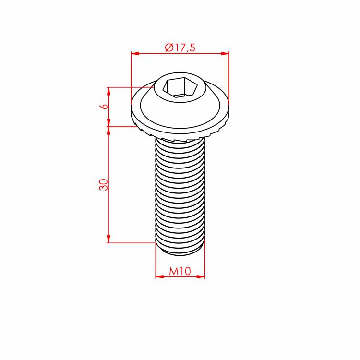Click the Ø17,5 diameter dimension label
180,48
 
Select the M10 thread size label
180,271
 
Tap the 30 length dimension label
104,185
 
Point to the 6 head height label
105,106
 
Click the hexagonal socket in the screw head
180,87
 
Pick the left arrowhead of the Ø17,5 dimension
135,53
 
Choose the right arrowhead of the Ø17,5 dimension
225,53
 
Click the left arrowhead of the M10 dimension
159,276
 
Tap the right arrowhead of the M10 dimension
201,276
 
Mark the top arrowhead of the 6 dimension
108,91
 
